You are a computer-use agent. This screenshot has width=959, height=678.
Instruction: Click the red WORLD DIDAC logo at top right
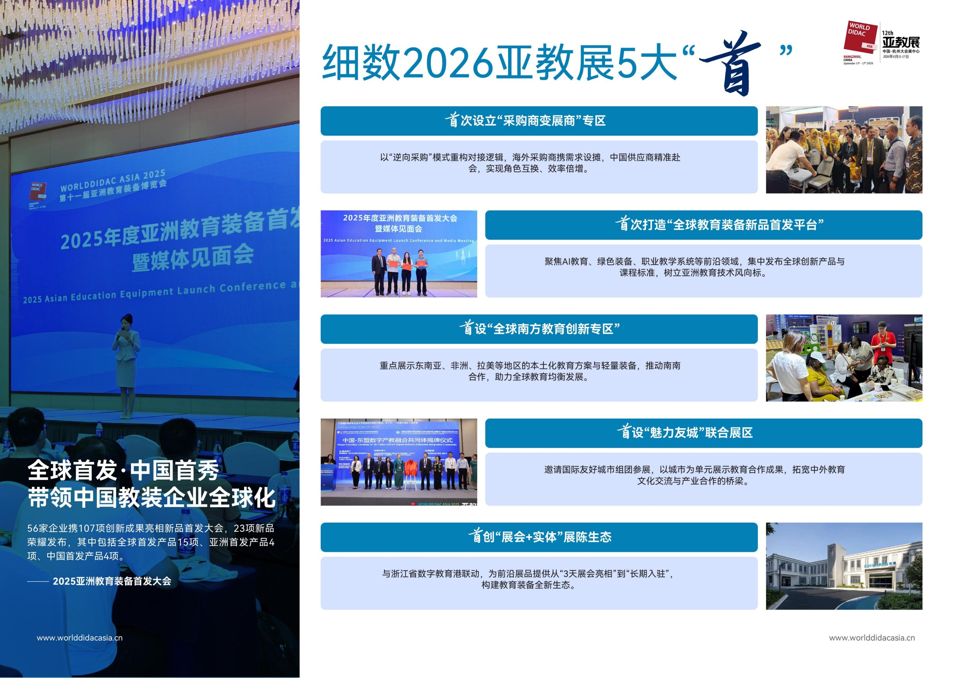point(860,37)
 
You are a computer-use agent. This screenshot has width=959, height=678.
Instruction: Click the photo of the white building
point(844,566)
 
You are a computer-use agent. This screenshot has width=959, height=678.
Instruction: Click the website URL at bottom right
point(872,638)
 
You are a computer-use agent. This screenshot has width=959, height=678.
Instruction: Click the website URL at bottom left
point(79,638)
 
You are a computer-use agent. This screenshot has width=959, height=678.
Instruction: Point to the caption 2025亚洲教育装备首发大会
point(112,581)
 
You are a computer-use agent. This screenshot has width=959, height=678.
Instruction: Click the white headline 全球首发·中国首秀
point(123,471)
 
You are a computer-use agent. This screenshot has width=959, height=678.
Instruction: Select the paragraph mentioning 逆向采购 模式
point(530,163)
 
